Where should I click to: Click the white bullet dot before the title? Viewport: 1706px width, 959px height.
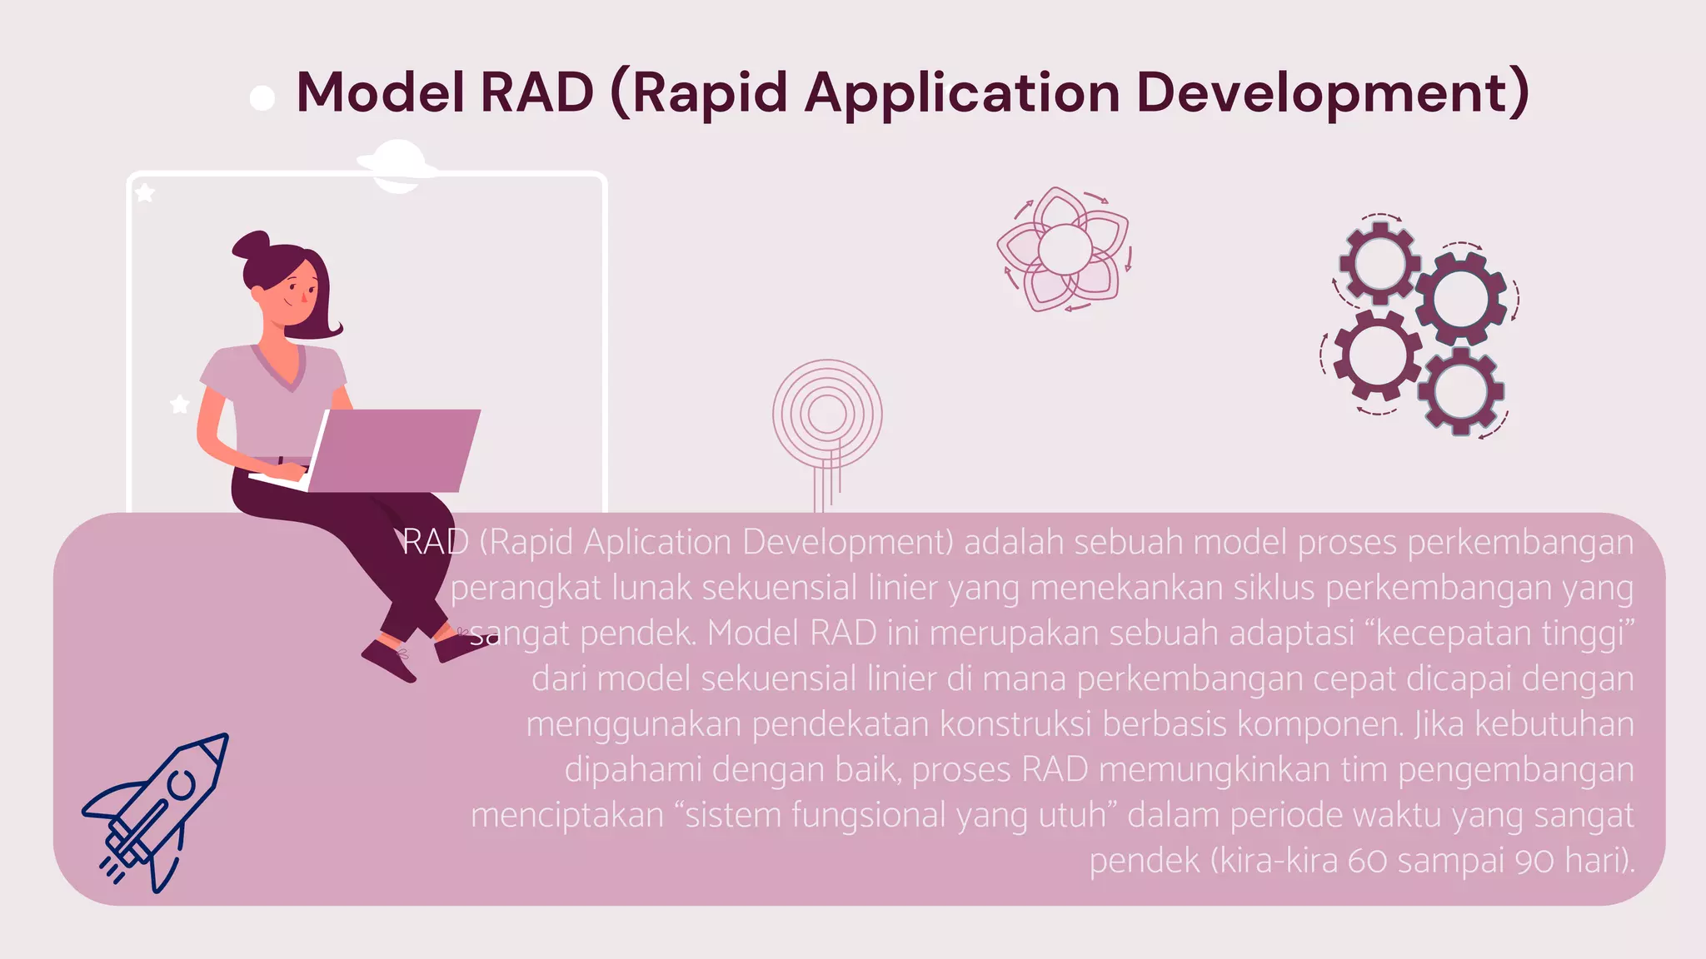point(262,98)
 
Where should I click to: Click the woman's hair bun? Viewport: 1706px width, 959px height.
point(251,246)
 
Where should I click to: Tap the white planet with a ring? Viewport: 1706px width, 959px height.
point(397,166)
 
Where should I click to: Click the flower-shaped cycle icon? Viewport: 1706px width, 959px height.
point(1065,249)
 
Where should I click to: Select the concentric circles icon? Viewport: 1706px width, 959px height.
point(827,414)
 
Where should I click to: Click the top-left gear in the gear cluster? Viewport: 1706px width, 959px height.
point(1379,263)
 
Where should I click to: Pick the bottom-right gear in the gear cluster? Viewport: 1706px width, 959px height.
point(1460,391)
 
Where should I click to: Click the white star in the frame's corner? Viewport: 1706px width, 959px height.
point(145,193)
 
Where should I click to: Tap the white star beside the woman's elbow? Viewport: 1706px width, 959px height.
point(179,405)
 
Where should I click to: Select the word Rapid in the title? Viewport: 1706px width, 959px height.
point(710,93)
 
